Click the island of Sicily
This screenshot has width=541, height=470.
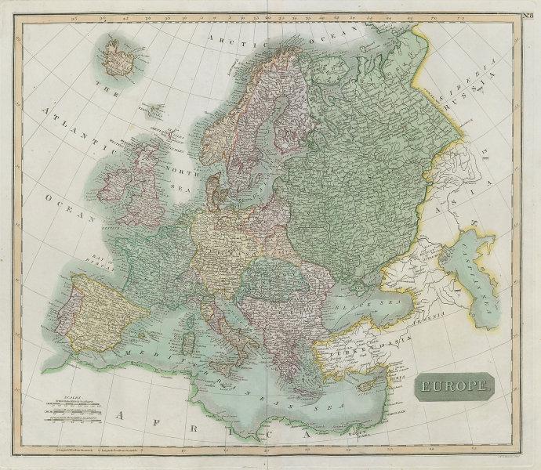228,363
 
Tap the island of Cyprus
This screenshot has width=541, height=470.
366,386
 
